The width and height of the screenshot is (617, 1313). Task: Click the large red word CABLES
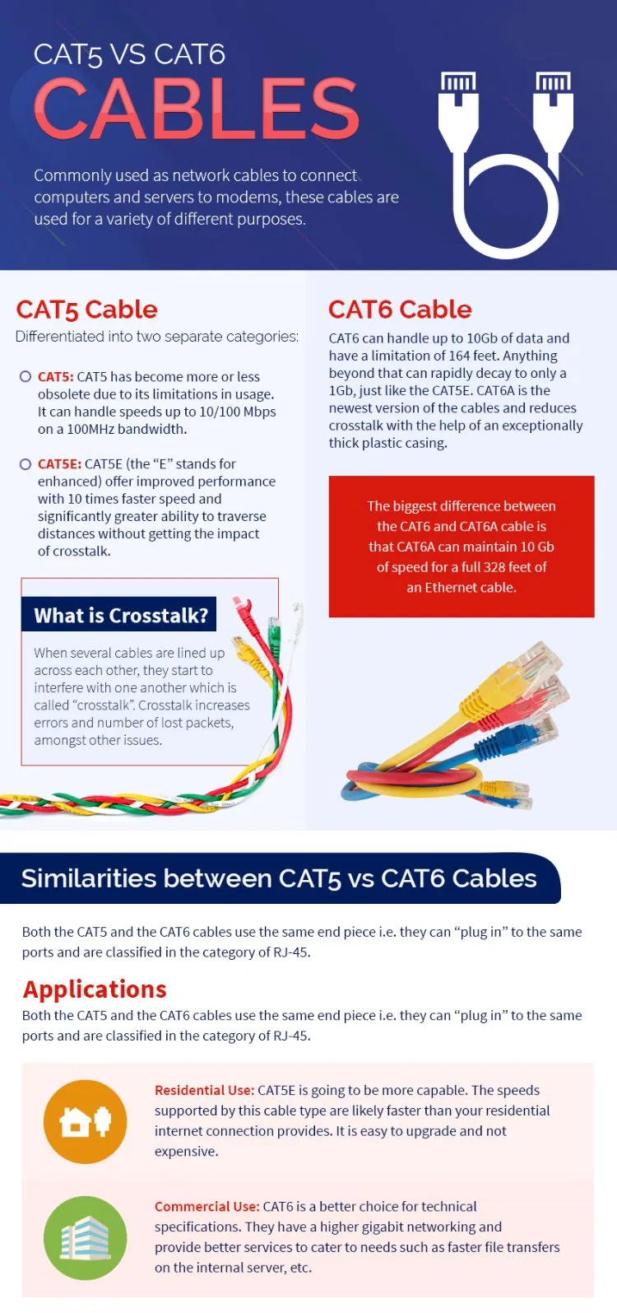tap(196, 109)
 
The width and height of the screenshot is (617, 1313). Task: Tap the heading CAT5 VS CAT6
tap(129, 54)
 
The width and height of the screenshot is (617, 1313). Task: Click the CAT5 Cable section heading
tap(86, 310)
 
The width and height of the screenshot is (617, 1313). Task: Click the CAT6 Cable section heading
tap(400, 310)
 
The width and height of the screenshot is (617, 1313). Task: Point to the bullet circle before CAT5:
tap(26, 376)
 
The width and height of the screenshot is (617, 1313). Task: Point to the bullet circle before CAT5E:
tap(26, 463)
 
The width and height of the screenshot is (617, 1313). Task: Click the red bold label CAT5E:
tap(59, 463)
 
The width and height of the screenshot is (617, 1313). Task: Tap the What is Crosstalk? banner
tap(120, 615)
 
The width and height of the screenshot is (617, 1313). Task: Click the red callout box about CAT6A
tap(461, 546)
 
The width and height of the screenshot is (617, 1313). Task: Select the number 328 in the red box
tap(494, 567)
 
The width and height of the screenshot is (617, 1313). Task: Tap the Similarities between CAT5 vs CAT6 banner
tap(280, 878)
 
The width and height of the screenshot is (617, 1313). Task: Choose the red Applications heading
tap(95, 989)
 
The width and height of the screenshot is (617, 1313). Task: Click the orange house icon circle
tap(85, 1121)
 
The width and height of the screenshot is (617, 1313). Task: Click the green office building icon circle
tap(85, 1237)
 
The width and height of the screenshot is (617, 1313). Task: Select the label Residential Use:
tap(204, 1090)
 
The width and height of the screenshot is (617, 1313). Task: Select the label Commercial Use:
tap(206, 1206)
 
